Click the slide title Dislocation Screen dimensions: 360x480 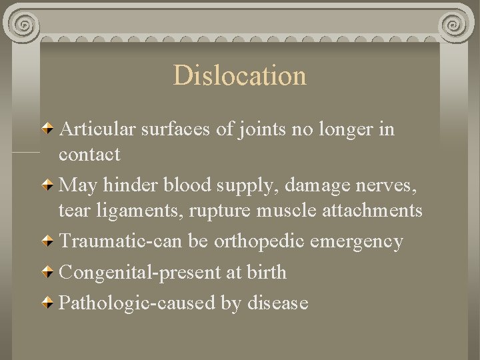coord(240,75)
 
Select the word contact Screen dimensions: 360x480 coord(89,155)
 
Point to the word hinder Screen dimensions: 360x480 coord(127,185)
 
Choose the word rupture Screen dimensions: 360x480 coord(218,211)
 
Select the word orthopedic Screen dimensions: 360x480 coord(265,241)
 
